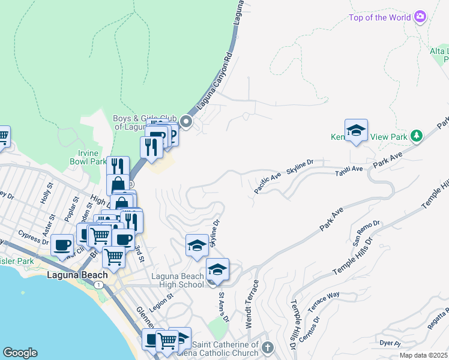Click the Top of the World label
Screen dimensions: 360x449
pyautogui.click(x=379, y=17)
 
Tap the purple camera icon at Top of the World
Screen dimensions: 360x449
pyautogui.click(x=420, y=16)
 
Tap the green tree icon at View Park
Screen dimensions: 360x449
pyautogui.click(x=415, y=136)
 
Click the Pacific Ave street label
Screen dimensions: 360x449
pyautogui.click(x=267, y=182)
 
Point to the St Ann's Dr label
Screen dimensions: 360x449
pyautogui.click(x=223, y=307)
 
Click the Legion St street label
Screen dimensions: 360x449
pyautogui.click(x=161, y=297)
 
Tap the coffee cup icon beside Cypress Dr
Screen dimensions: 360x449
pyautogui.click(x=62, y=245)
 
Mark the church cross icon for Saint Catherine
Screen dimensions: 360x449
pyautogui.click(x=268, y=347)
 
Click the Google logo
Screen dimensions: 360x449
pyautogui.click(x=20, y=353)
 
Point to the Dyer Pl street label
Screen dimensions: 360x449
pyautogui.click(x=390, y=343)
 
